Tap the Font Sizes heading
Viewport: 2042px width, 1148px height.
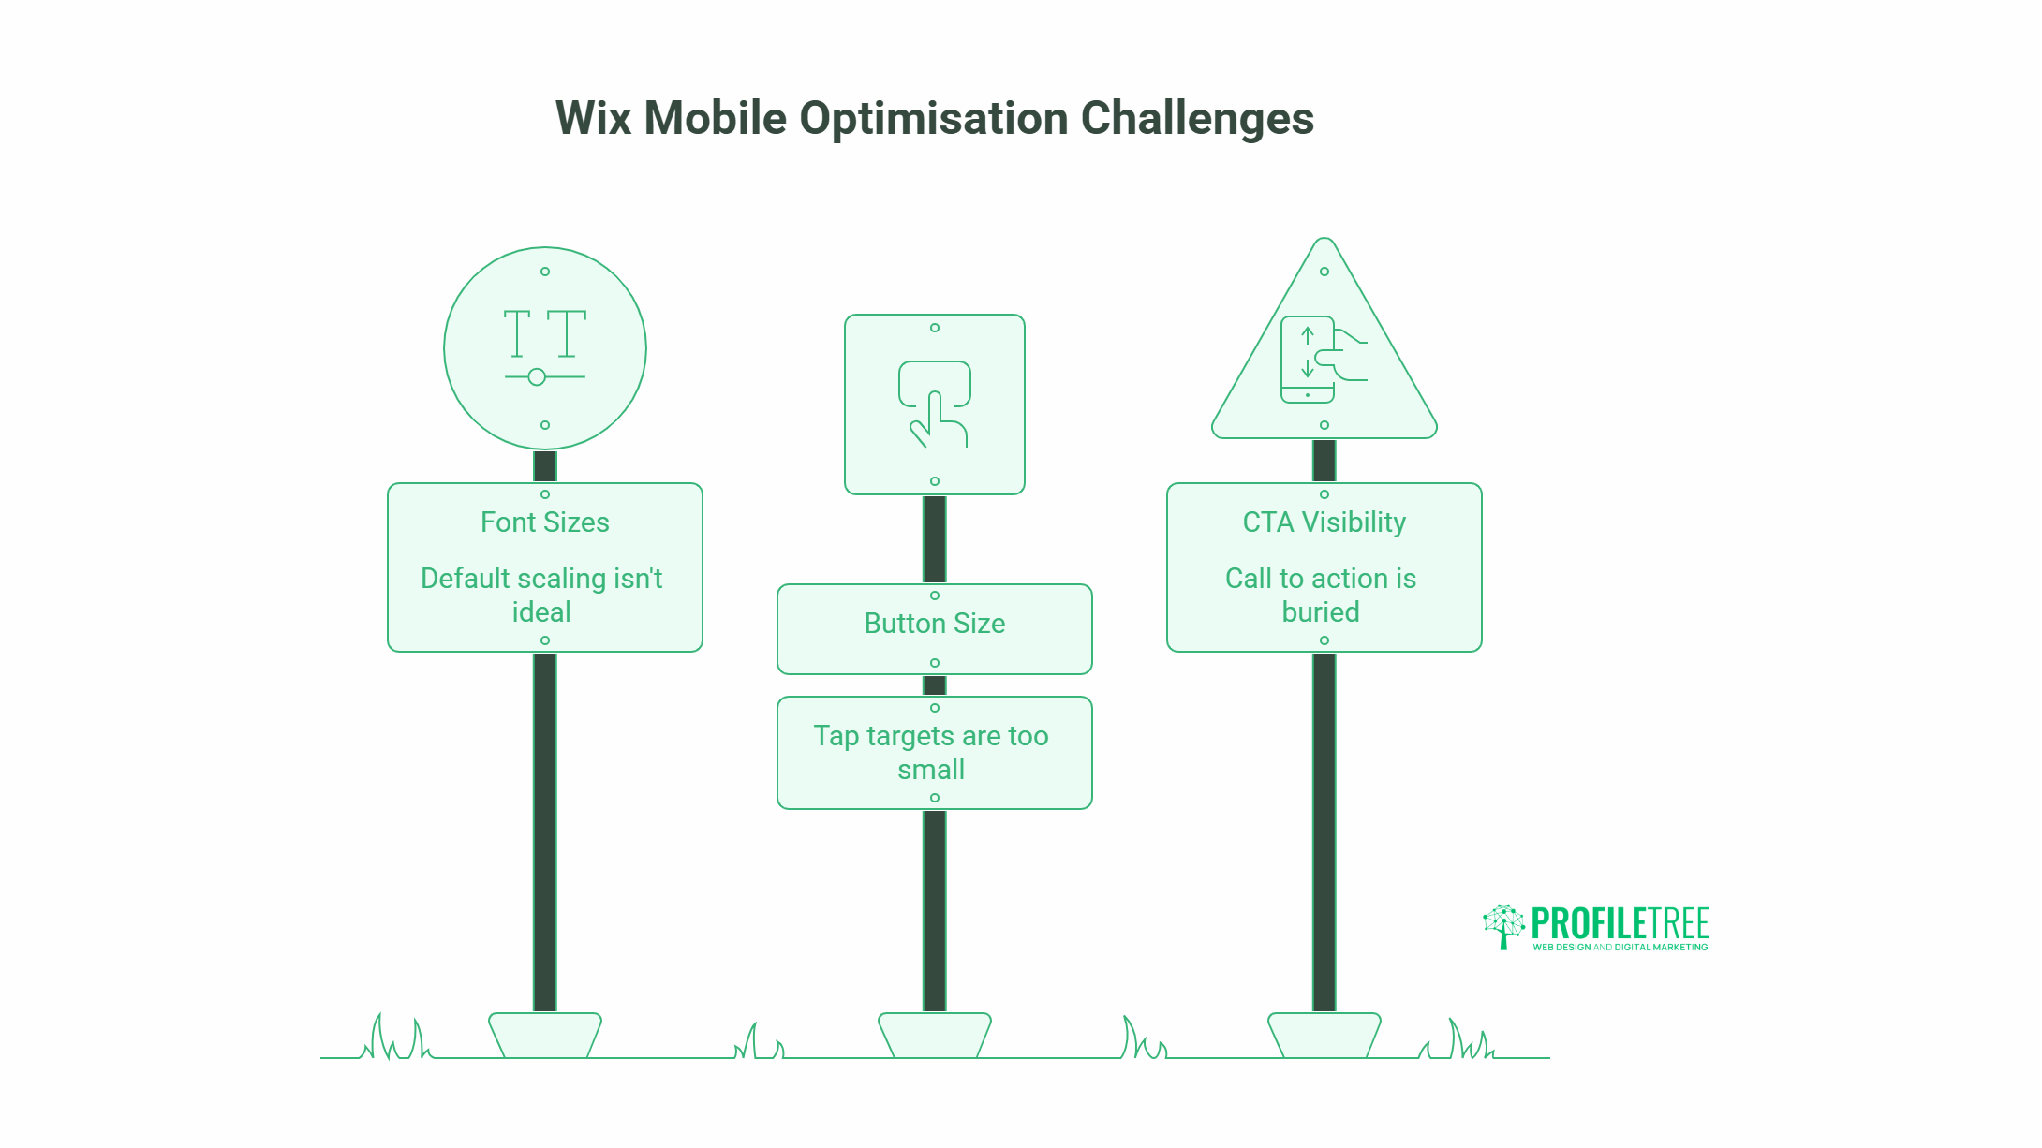coord(544,522)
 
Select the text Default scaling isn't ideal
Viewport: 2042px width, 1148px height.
coord(541,595)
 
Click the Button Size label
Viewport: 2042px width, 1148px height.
coord(934,624)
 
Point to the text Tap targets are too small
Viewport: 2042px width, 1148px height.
coord(931,752)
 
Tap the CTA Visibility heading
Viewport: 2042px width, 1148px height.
coord(1324,522)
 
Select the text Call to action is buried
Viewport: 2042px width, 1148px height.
coord(1321,595)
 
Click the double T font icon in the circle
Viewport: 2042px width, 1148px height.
coord(544,334)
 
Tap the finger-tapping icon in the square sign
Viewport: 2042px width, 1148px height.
coord(935,405)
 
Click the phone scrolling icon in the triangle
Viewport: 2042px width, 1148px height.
coord(1321,361)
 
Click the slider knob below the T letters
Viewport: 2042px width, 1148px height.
coord(537,377)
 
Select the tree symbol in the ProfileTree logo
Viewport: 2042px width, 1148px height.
coord(1503,926)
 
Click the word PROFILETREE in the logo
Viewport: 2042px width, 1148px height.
coord(1620,923)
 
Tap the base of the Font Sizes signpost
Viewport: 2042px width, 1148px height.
coord(544,1035)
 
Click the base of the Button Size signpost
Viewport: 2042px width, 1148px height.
coord(934,1035)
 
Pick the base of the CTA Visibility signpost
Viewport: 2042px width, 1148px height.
coord(1324,1035)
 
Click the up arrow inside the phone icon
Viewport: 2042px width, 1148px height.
coord(1308,335)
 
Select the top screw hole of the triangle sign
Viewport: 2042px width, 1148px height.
coord(1324,272)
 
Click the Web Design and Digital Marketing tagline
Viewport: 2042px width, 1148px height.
coord(1620,948)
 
